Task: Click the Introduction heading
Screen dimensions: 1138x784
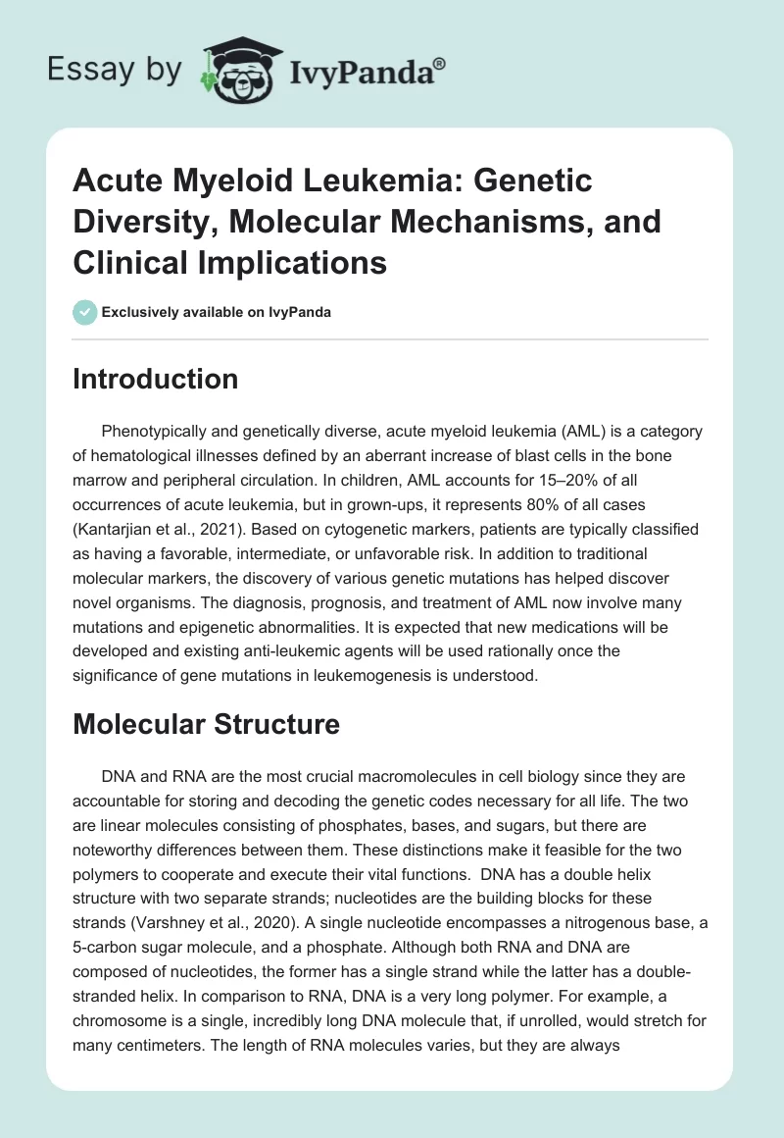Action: (x=155, y=379)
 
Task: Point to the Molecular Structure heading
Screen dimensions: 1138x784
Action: (x=206, y=724)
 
